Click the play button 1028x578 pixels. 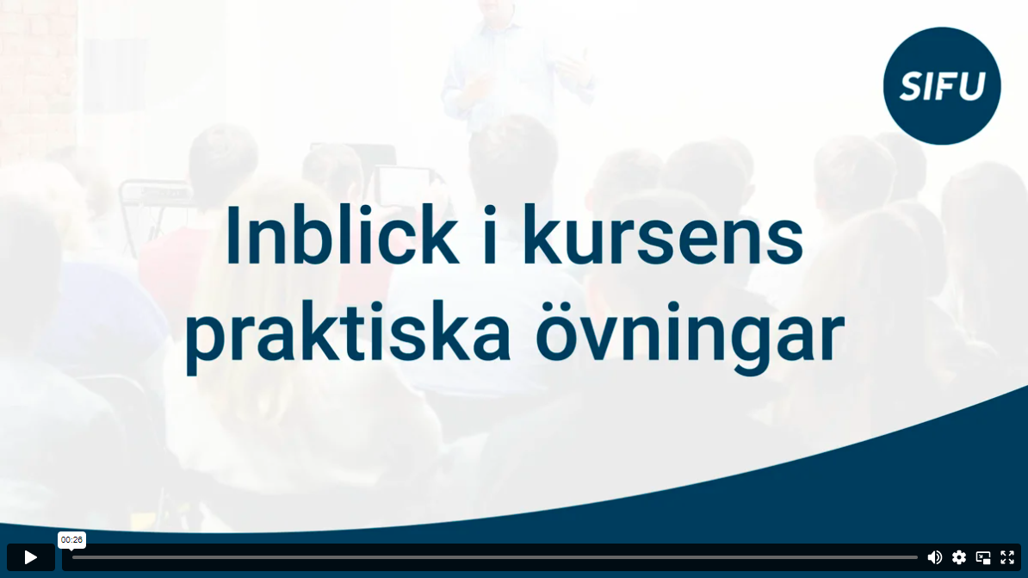[31, 557]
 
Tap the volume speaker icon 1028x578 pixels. [934, 557]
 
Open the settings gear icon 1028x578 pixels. [958, 557]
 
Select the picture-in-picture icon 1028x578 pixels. [982, 557]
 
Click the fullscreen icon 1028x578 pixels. [1007, 557]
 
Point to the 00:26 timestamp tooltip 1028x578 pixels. [71, 540]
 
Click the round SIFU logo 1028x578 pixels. [941, 86]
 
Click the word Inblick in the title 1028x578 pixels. [341, 235]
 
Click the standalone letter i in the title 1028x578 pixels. [490, 235]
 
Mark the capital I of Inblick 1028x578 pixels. [233, 235]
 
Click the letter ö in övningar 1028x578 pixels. [557, 333]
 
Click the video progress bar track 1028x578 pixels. [494, 557]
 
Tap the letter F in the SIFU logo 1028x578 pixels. [944, 87]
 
